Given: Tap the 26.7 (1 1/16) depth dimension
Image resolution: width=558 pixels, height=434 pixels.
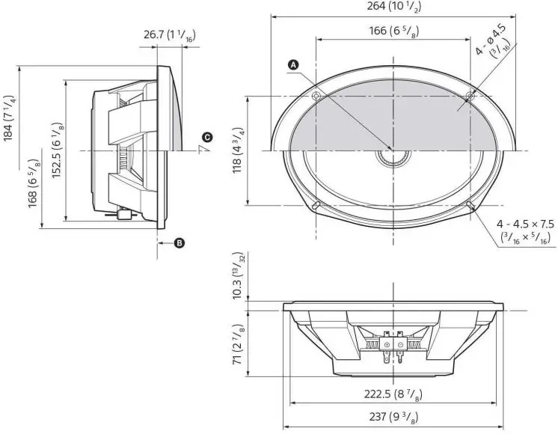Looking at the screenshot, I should tap(169, 34).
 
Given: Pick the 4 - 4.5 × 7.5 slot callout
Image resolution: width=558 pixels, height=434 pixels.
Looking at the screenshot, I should tap(526, 230).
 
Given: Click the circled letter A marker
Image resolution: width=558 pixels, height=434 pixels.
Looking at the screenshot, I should tap(294, 65).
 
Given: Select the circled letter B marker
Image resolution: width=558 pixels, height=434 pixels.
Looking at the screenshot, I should tap(180, 242).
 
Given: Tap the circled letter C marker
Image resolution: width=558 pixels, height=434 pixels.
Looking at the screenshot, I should tap(207, 137).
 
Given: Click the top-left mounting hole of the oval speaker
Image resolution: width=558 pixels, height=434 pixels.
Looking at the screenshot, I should tap(316, 96).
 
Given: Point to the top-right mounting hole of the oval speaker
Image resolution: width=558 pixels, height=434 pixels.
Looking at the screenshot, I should tap(469, 96).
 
